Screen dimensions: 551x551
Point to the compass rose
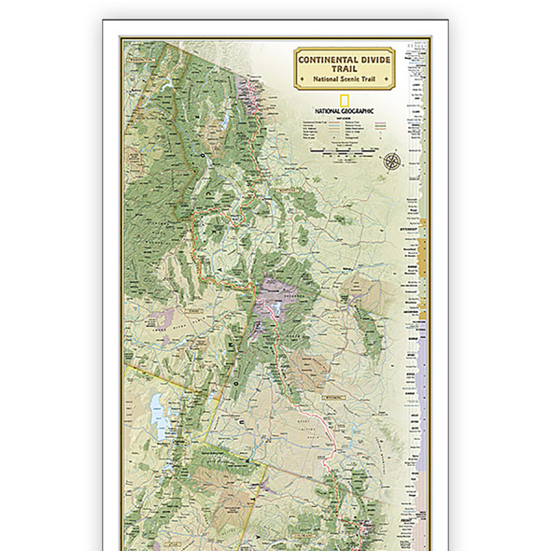[x=391, y=160]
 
